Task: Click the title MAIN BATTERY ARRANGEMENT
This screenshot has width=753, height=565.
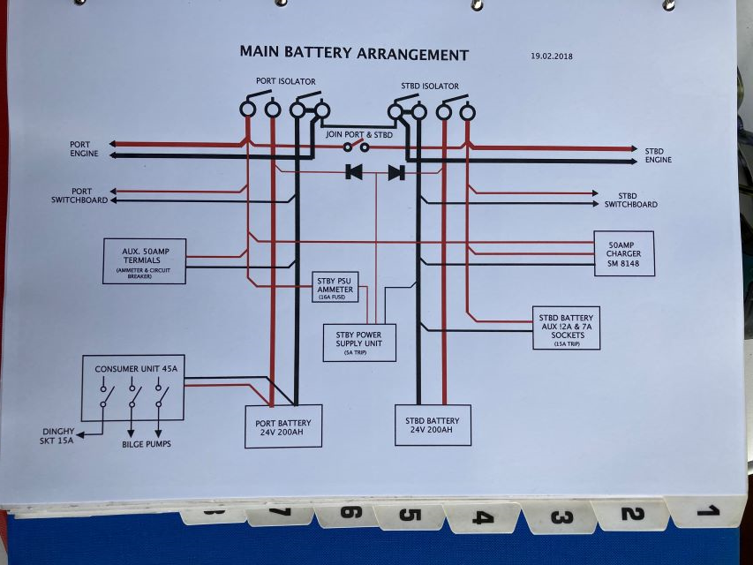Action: [354, 53]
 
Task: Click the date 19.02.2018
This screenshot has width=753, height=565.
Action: [552, 56]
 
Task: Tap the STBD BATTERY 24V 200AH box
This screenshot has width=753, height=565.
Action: [432, 425]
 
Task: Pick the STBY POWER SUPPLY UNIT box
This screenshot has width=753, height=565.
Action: [359, 342]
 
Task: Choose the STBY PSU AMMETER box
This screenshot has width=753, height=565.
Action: [335, 287]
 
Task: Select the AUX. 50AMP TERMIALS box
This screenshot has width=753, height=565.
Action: [144, 260]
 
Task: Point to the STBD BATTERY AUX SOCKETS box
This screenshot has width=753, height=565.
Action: [566, 328]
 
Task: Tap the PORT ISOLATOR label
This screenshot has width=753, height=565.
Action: [285, 81]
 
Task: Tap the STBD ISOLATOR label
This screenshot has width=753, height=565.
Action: [430, 86]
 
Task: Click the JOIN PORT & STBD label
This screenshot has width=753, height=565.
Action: [358, 134]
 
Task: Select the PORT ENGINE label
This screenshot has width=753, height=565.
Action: [85, 149]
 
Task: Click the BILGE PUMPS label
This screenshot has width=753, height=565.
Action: [147, 444]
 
